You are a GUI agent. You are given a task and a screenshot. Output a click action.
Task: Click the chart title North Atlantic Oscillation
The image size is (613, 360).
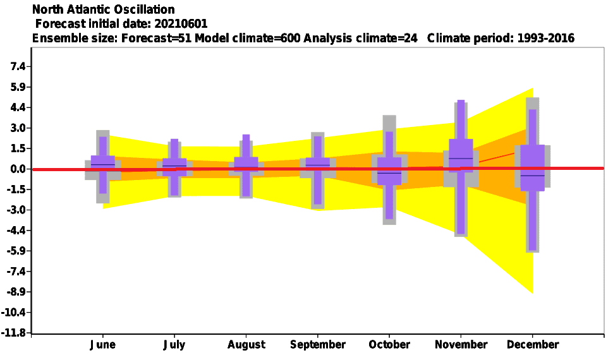pos(103,9)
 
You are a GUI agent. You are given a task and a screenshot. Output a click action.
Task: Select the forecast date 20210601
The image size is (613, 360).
pos(181,23)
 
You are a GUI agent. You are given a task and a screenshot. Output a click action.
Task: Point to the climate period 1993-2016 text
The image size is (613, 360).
pos(546,38)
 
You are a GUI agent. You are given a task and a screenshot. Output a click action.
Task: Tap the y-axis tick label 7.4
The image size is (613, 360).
pos(18,66)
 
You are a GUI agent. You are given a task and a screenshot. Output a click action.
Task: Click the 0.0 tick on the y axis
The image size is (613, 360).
pos(18,169)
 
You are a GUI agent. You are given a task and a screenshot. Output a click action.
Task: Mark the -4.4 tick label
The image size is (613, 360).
pos(16,231)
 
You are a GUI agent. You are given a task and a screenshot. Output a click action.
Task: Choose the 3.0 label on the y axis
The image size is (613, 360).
pos(18,128)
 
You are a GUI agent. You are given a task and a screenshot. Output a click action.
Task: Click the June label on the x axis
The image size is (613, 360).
pos(103,345)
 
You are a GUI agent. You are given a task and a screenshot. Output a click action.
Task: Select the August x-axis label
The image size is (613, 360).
pos(246,345)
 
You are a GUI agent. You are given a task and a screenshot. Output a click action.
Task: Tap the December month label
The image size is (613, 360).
pos(533,345)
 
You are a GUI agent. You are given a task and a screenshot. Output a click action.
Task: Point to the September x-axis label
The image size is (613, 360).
pos(318,345)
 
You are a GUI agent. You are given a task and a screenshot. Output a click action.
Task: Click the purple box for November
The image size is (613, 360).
pos(461,155)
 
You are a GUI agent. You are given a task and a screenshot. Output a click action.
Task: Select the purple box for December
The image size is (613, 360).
pos(533,168)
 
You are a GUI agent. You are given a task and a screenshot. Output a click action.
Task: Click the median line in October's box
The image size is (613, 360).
pos(389,173)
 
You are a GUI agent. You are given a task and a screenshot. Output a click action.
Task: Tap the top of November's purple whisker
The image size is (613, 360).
pos(461,100)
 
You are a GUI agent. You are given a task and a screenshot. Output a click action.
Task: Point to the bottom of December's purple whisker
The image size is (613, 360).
pos(533,249)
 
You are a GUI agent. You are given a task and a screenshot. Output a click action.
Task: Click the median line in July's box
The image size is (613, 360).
pos(174,166)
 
